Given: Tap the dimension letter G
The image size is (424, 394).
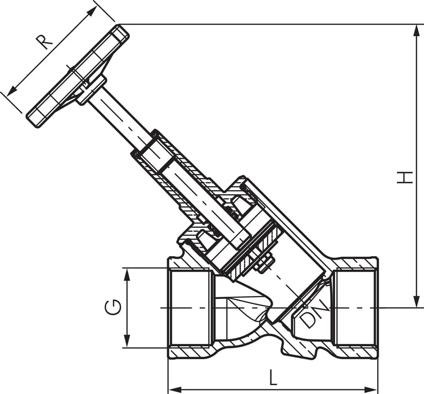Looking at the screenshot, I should coord(114,308).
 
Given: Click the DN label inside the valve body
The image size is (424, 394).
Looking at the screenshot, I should coord(311,317).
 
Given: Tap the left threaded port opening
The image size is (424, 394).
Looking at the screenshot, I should coord(191,308).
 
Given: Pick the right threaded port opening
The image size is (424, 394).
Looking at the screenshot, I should coord(353,308).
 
